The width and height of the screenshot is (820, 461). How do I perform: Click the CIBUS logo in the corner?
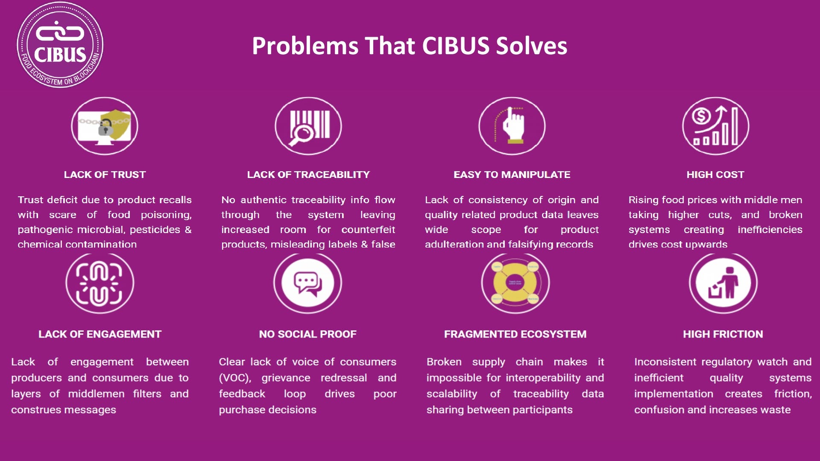pyautogui.click(x=60, y=45)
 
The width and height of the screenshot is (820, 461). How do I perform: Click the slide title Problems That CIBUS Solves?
pyautogui.click(x=409, y=46)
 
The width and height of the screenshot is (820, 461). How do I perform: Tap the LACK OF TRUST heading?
pyautogui.click(x=105, y=175)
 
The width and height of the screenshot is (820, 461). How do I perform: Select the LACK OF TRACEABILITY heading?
pyautogui.click(x=308, y=175)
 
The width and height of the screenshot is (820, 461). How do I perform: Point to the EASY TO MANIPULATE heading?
pyautogui.click(x=512, y=175)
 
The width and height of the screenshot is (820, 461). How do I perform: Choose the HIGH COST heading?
pyautogui.click(x=715, y=175)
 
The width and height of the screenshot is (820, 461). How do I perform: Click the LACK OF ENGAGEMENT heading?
pyautogui.click(x=100, y=334)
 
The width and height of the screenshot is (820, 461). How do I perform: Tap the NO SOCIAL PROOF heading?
pyautogui.click(x=307, y=334)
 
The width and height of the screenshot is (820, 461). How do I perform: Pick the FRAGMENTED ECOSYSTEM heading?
pyautogui.click(x=515, y=334)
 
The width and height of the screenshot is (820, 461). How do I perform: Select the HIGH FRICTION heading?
pyautogui.click(x=723, y=334)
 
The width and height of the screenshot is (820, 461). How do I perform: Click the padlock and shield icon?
pyautogui.click(x=105, y=126)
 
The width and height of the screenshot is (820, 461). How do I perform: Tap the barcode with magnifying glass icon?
pyautogui.click(x=308, y=126)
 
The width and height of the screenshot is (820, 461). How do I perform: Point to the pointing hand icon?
pyautogui.click(x=512, y=126)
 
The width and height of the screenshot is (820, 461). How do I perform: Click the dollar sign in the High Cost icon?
pyautogui.click(x=701, y=116)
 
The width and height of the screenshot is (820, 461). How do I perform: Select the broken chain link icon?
pyautogui.click(x=100, y=283)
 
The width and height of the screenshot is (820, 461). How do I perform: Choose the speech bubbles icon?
pyautogui.click(x=307, y=283)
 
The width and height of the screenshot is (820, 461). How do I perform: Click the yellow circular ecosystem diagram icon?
pyautogui.click(x=515, y=283)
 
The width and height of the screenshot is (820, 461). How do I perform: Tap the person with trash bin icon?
pyautogui.click(x=723, y=283)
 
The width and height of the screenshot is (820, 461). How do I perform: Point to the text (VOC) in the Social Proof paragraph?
pyautogui.click(x=234, y=378)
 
